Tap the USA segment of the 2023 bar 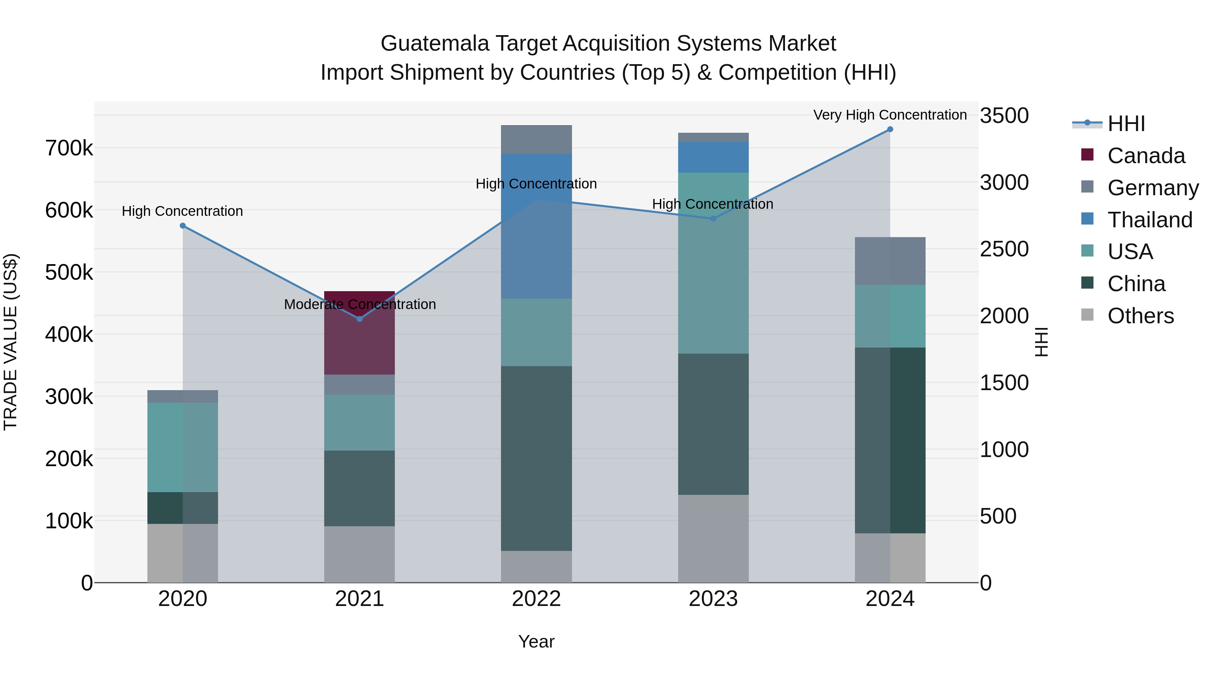pyautogui.click(x=713, y=263)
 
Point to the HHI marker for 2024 pyautogui.click(x=890, y=129)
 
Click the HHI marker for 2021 pyautogui.click(x=360, y=319)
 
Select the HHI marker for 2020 pyautogui.click(x=183, y=226)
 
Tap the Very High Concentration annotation pyautogui.click(x=890, y=115)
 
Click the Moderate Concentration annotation pyautogui.click(x=360, y=304)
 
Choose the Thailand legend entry pyautogui.click(x=1149, y=220)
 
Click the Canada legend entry pyautogui.click(x=1146, y=156)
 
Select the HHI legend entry pyautogui.click(x=1126, y=124)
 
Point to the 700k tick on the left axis pyautogui.click(x=69, y=148)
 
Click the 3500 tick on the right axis pyautogui.click(x=1004, y=116)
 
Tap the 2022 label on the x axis pyautogui.click(x=536, y=599)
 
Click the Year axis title pyautogui.click(x=536, y=641)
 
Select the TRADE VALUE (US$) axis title pyautogui.click(x=10, y=342)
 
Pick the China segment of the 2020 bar pyautogui.click(x=183, y=508)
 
